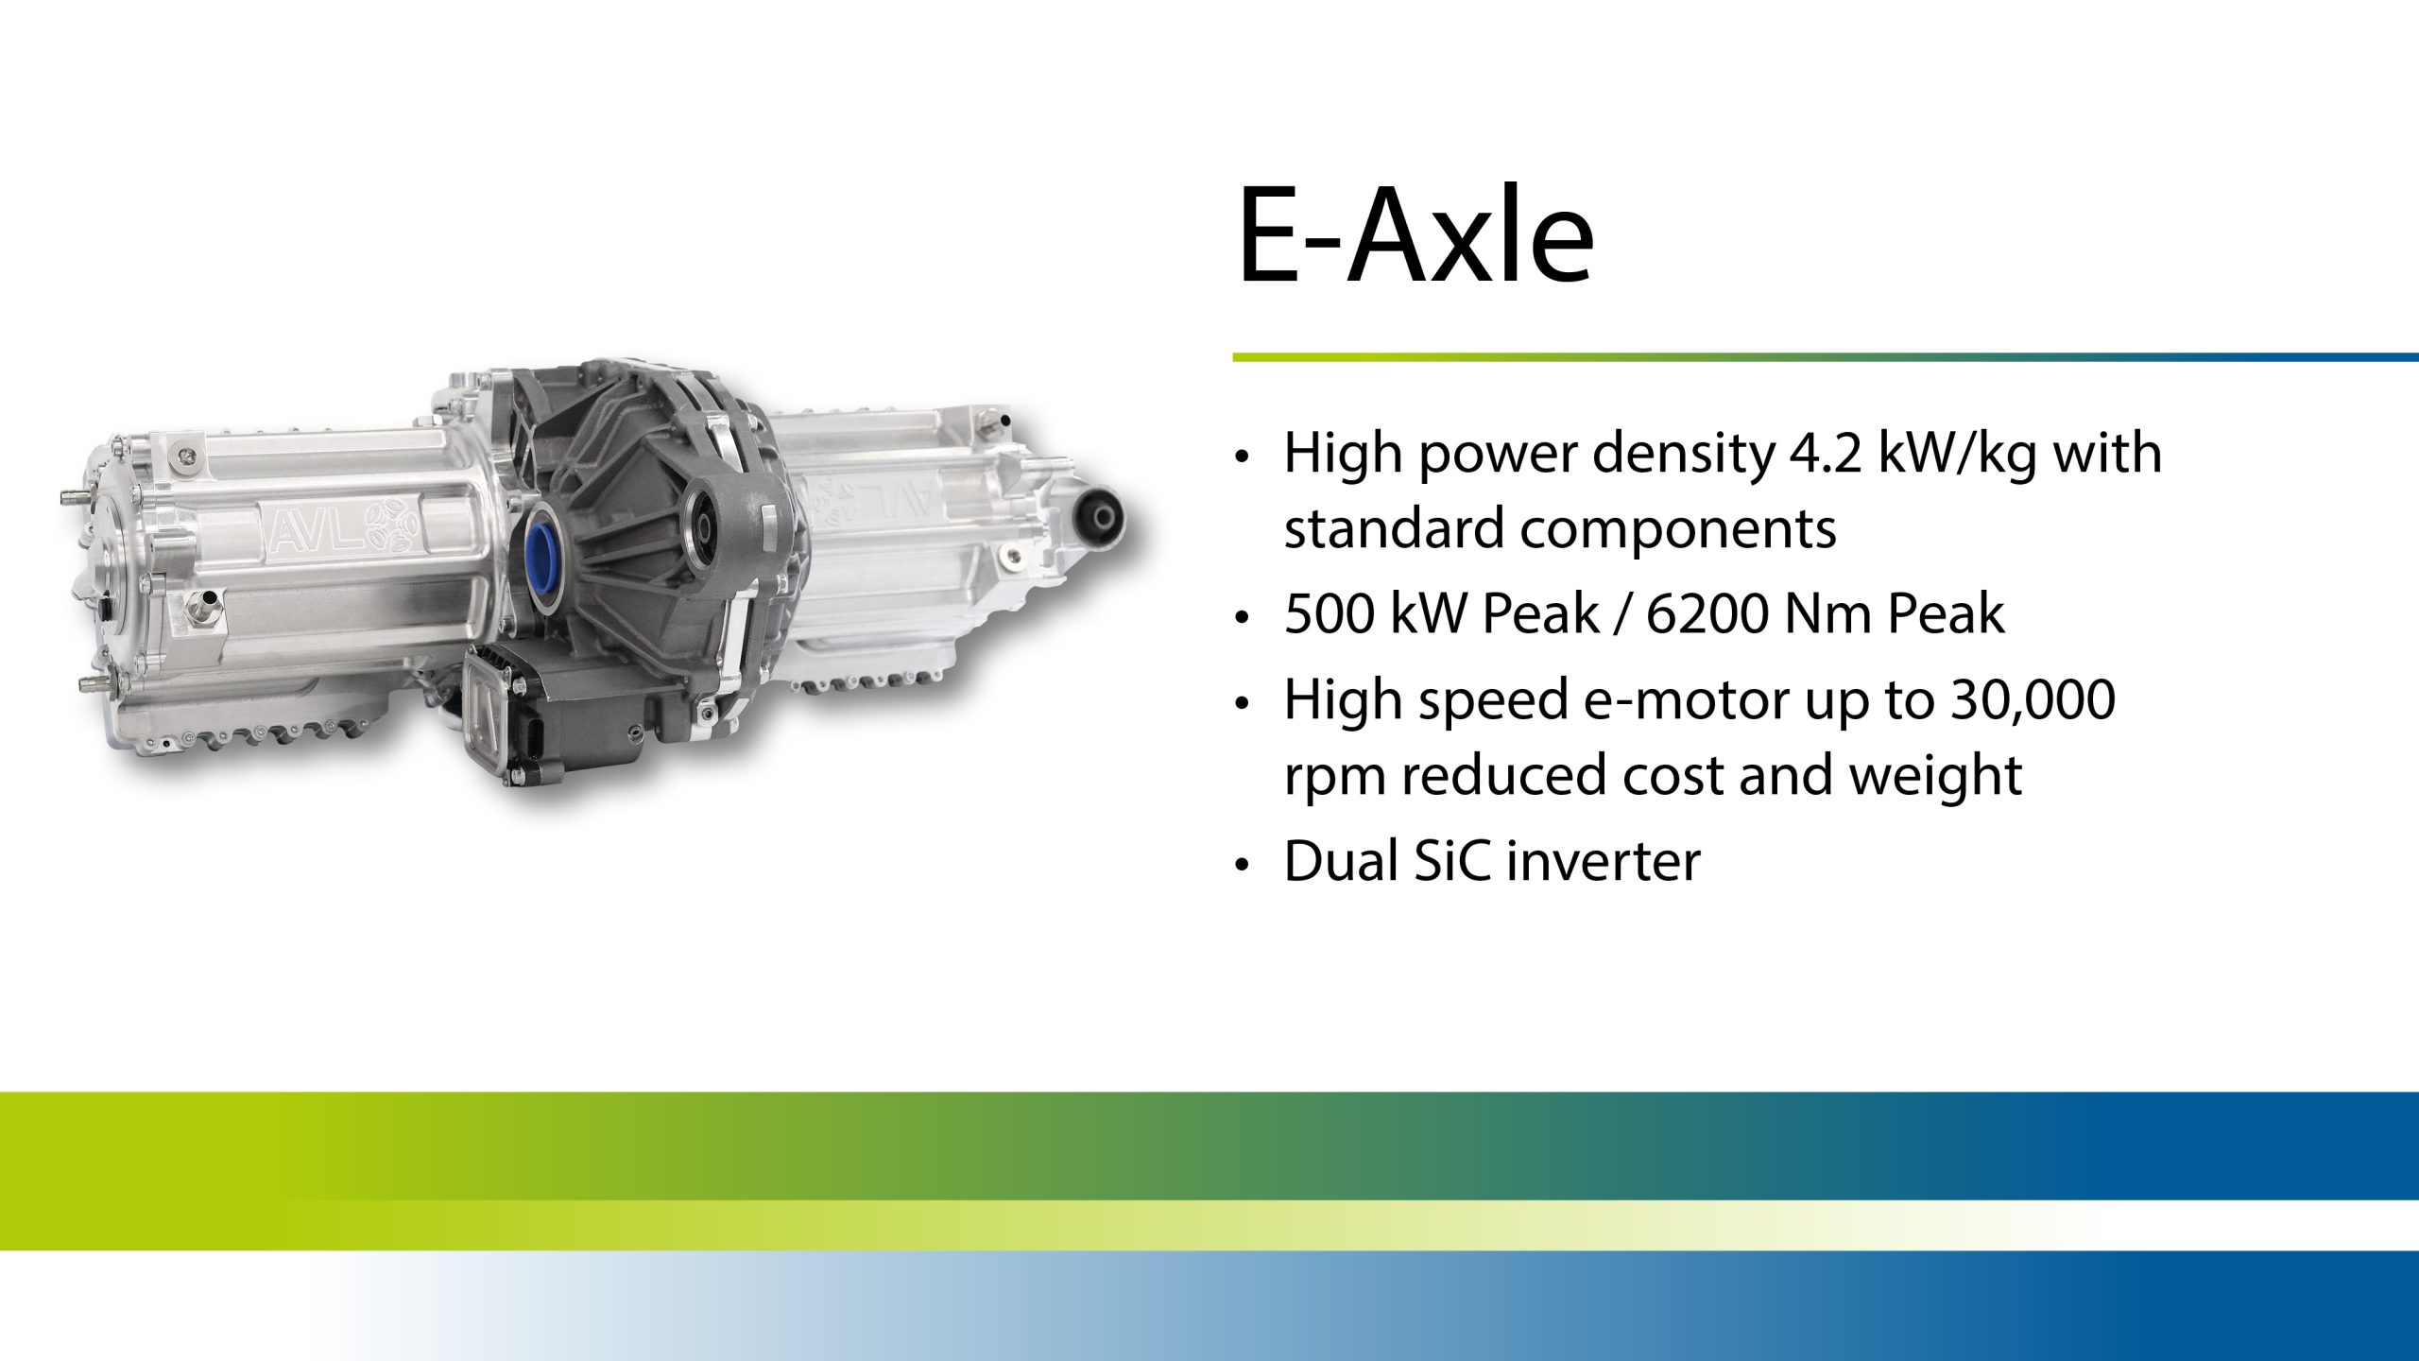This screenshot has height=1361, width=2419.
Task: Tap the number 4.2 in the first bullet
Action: point(1826,454)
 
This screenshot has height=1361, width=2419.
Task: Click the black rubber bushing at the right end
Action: point(1102,517)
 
